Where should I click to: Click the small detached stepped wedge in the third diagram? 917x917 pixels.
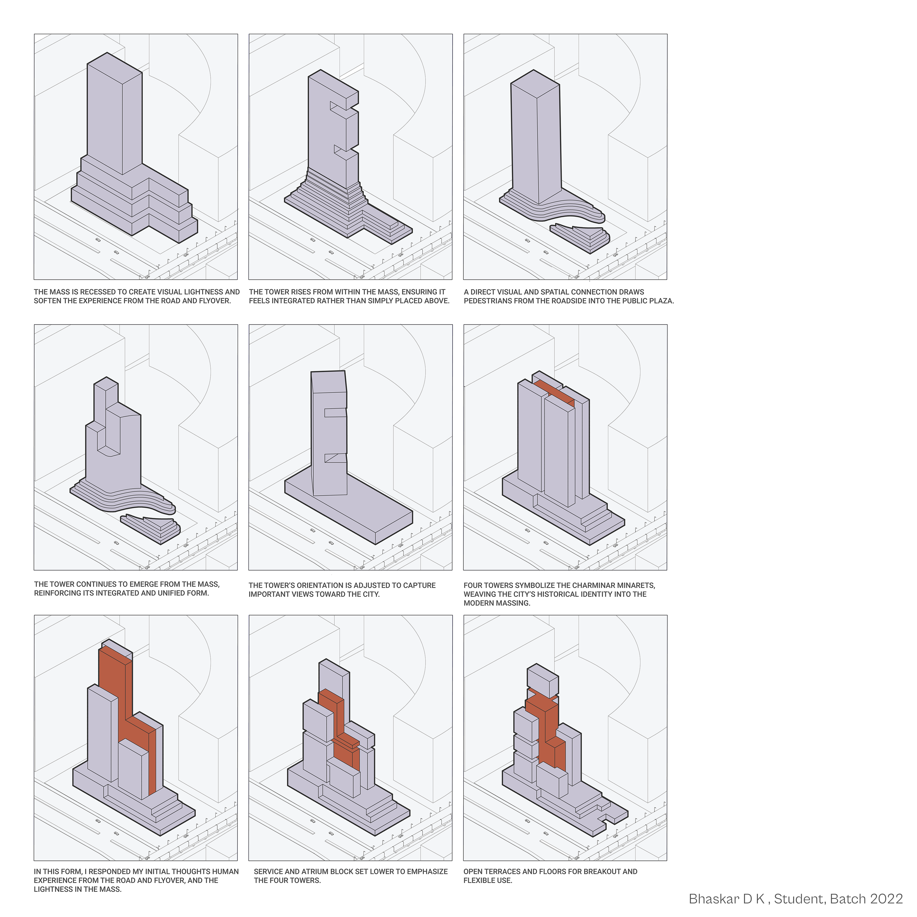(x=580, y=238)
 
